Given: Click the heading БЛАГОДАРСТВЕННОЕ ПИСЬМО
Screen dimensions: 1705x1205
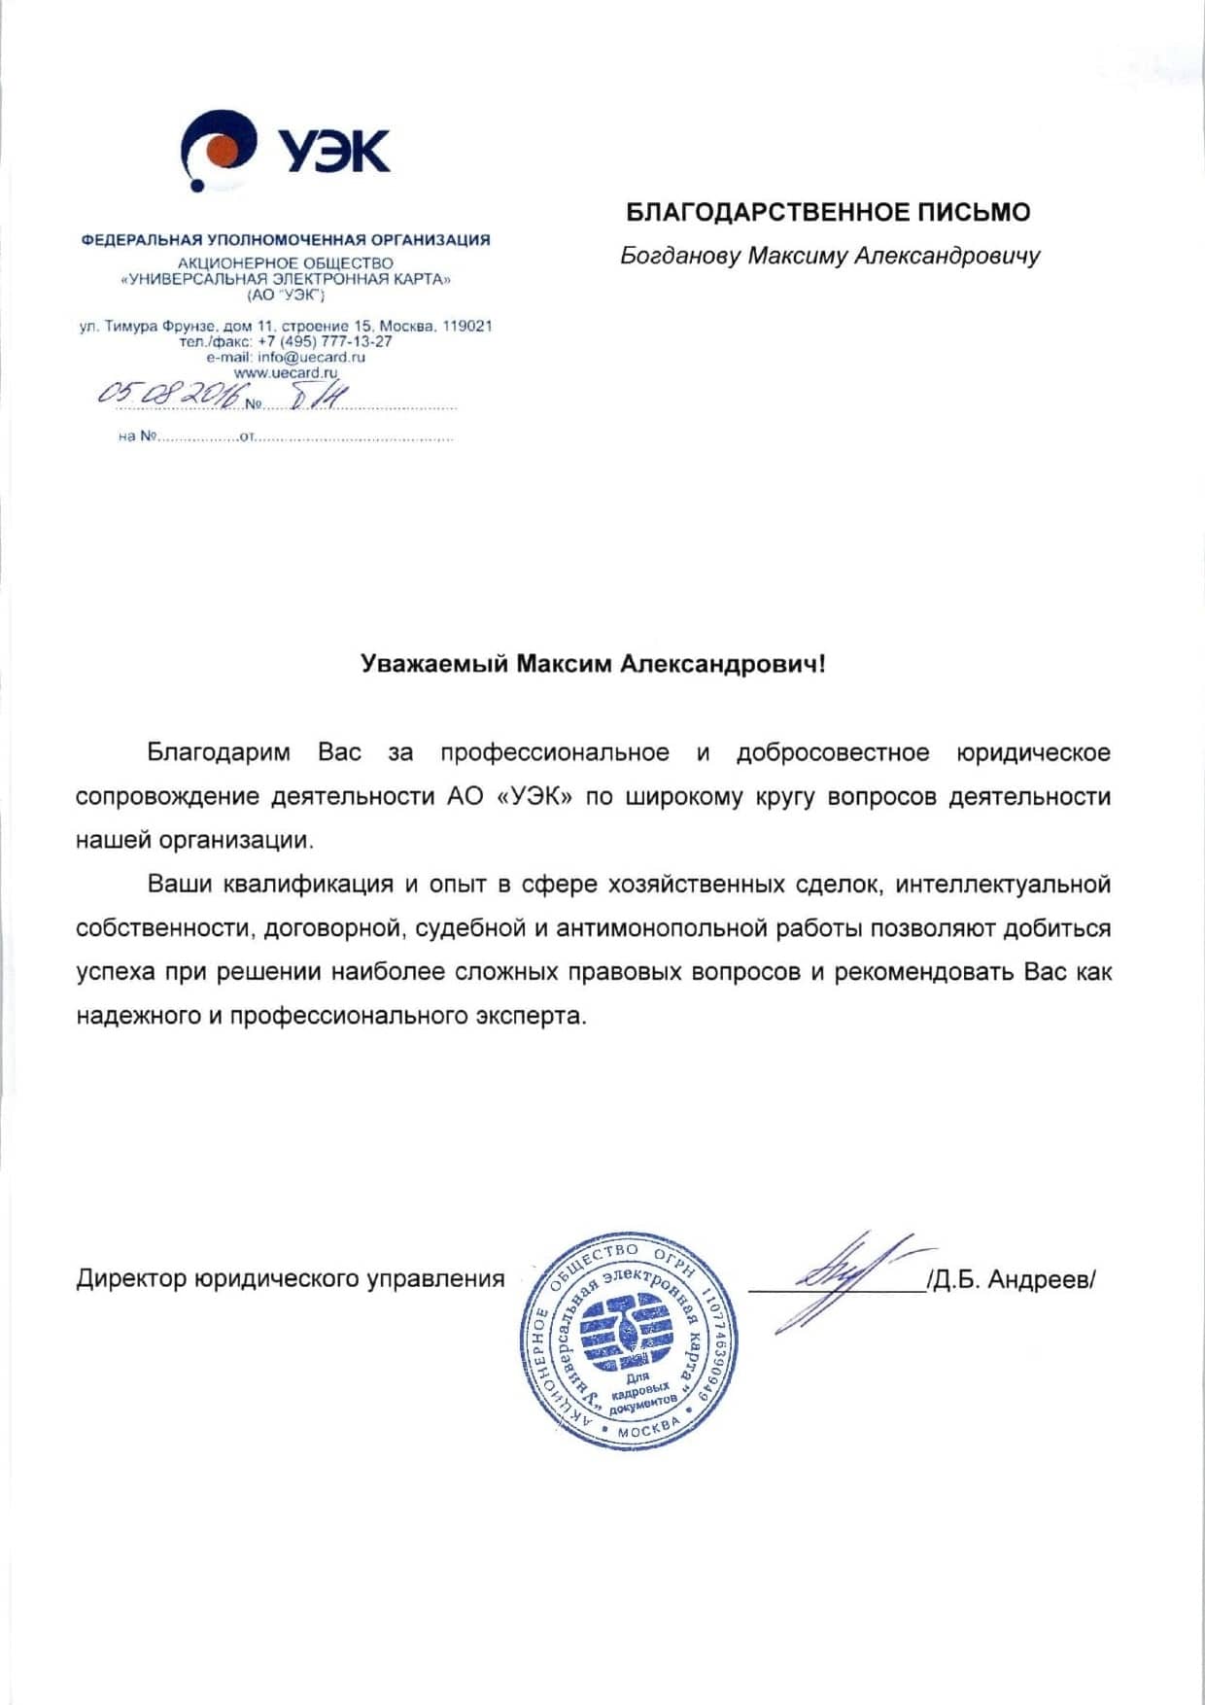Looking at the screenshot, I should (828, 212).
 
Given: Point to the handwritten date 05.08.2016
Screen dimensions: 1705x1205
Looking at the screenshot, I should (168, 395).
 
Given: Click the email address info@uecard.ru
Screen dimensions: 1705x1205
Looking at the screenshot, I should (311, 357).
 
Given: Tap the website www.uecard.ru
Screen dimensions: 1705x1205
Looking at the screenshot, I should (286, 372).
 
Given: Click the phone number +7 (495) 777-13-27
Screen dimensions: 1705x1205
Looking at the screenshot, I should (325, 341).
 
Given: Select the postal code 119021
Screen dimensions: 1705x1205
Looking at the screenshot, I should (466, 326).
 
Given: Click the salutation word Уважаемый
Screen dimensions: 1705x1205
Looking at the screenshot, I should (433, 664).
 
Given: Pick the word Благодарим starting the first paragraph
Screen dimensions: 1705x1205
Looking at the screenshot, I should (219, 752).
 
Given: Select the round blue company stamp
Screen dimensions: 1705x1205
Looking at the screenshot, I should (628, 1341).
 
